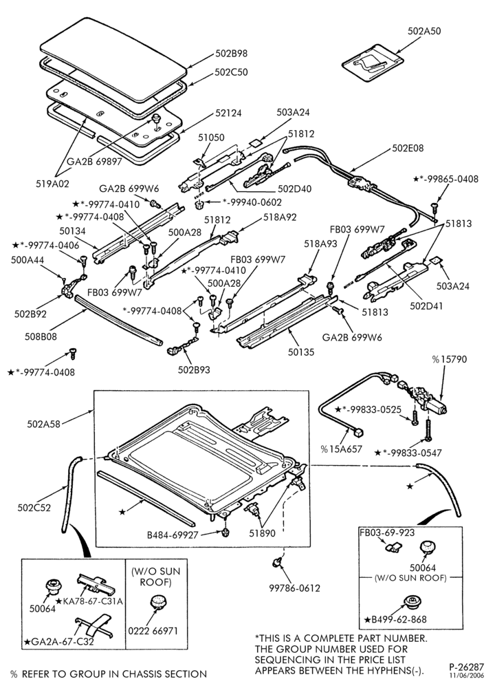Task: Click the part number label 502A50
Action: (x=424, y=31)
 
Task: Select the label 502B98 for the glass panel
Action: (x=232, y=53)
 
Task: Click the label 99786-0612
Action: (x=295, y=588)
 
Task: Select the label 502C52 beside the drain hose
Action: (x=34, y=508)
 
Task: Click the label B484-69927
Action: (x=173, y=535)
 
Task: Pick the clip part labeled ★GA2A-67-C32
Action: (x=93, y=625)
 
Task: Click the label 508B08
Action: (x=41, y=337)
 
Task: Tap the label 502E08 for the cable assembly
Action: (x=407, y=148)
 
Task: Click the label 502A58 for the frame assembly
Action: (x=43, y=423)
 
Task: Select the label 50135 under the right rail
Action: (x=300, y=352)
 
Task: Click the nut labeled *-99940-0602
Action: (x=198, y=205)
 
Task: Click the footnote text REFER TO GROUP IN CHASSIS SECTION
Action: (x=114, y=674)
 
